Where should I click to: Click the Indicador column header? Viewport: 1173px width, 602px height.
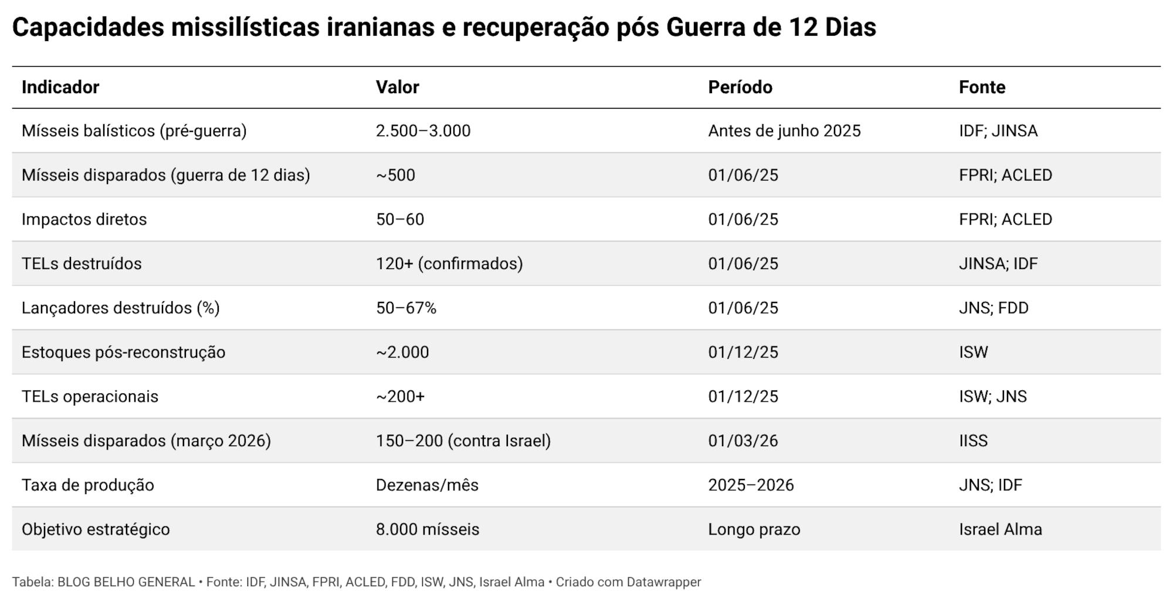60,87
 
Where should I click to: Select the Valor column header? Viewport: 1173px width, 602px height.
397,87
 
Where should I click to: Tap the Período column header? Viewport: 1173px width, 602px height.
740,87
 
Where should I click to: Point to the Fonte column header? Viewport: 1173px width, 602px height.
982,87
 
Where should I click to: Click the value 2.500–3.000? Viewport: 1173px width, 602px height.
423,131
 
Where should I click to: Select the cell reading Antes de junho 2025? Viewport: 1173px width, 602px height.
784,131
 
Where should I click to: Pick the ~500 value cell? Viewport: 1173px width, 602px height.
395,175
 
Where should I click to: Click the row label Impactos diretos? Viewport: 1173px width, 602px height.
84,219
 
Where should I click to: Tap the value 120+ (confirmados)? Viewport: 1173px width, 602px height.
449,264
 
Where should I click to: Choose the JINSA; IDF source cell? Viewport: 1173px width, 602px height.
998,264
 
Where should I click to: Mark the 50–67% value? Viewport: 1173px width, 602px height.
406,308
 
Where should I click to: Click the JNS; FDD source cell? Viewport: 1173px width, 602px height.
994,308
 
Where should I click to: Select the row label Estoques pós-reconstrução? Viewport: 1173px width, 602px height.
123,352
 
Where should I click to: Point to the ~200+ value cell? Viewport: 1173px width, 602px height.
400,397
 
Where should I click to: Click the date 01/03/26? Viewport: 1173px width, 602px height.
743,441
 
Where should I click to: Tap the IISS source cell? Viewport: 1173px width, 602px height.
973,441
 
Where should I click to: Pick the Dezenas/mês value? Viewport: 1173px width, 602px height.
427,485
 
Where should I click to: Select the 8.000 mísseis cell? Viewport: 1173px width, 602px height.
427,529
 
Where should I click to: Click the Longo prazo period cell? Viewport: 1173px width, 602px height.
754,529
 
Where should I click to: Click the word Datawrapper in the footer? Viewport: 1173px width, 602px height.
664,582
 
